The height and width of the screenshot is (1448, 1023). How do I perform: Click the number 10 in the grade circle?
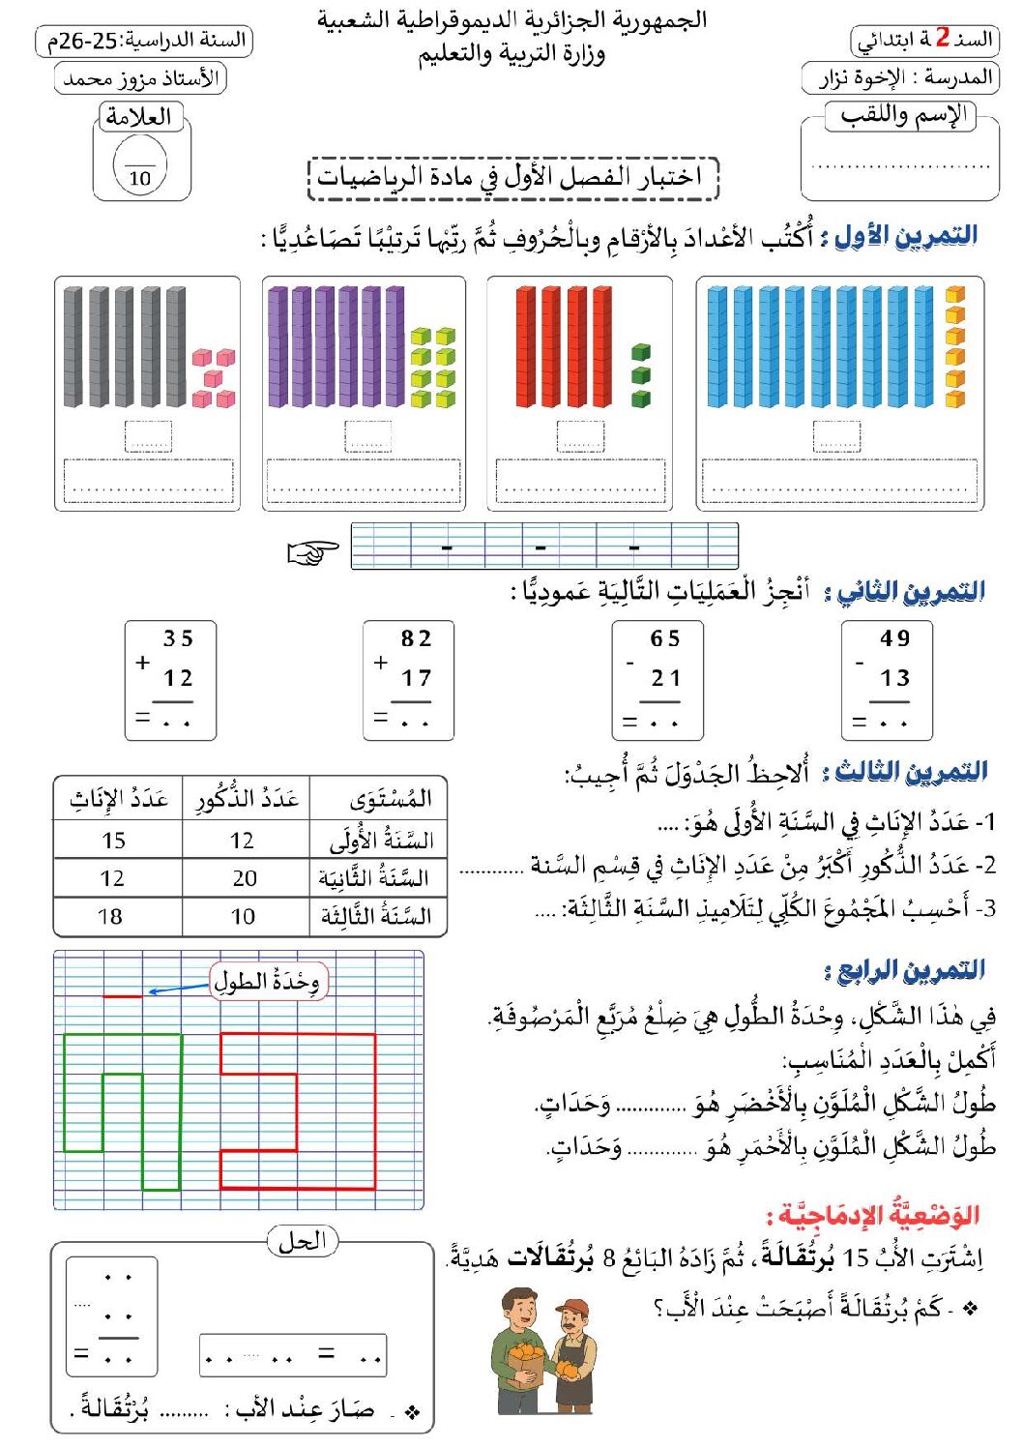[140, 178]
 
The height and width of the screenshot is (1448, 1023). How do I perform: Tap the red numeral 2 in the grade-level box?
[943, 39]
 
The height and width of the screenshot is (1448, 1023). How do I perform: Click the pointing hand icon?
[313, 552]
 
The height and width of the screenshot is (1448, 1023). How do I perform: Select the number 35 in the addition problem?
[178, 638]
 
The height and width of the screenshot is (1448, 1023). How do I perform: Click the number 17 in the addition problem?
[417, 678]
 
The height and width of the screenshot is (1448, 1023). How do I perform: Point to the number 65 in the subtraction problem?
[665, 638]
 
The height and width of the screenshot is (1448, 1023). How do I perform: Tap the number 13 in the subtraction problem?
[895, 678]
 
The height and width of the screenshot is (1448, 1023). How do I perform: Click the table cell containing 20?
[245, 878]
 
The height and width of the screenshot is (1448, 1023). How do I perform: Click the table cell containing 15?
[114, 841]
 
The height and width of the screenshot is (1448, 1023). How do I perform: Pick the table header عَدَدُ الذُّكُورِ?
[248, 799]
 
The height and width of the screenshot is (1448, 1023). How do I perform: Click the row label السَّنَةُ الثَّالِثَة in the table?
[376, 916]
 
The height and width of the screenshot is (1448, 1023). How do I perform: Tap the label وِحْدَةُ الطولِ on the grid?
[268, 982]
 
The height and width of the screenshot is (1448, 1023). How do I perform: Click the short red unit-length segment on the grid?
[123, 995]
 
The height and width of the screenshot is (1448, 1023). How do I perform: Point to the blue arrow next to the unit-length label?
[179, 989]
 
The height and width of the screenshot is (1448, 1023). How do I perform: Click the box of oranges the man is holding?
[528, 1359]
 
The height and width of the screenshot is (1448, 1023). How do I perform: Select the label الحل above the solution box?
[302, 1241]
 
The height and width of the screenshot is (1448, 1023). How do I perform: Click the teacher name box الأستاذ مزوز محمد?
[140, 78]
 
